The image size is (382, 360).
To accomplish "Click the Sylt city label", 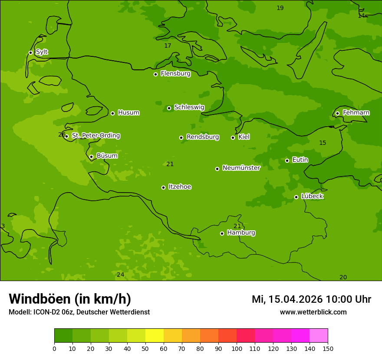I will click(x=42, y=52).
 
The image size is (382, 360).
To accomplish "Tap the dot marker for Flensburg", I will click(x=155, y=74).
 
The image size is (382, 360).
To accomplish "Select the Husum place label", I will click(x=128, y=113).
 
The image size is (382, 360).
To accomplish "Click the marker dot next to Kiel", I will click(x=233, y=137).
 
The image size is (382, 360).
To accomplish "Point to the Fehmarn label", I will click(x=356, y=113).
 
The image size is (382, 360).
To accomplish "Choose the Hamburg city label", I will click(x=241, y=233).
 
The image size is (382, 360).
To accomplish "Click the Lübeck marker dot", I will click(x=296, y=197).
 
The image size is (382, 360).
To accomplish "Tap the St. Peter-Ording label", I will click(x=95, y=136).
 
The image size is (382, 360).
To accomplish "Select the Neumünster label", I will click(x=241, y=168).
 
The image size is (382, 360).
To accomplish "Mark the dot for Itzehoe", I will click(x=163, y=187).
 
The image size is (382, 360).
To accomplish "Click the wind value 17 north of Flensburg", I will click(x=168, y=46).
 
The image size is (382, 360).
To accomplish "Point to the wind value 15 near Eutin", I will click(x=323, y=143).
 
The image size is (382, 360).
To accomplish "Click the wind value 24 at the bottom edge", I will click(x=120, y=275).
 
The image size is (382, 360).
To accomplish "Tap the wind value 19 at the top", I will click(x=280, y=8).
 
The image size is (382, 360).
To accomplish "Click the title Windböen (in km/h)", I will click(x=70, y=299).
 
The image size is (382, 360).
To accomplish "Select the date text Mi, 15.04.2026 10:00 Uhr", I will click(x=311, y=299).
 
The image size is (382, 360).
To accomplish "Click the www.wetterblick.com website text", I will click(x=313, y=312).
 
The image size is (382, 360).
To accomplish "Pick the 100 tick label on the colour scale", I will click(x=237, y=348).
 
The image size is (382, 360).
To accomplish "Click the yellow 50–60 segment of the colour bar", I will click(x=155, y=336).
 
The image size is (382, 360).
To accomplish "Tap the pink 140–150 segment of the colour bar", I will click(x=319, y=336).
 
